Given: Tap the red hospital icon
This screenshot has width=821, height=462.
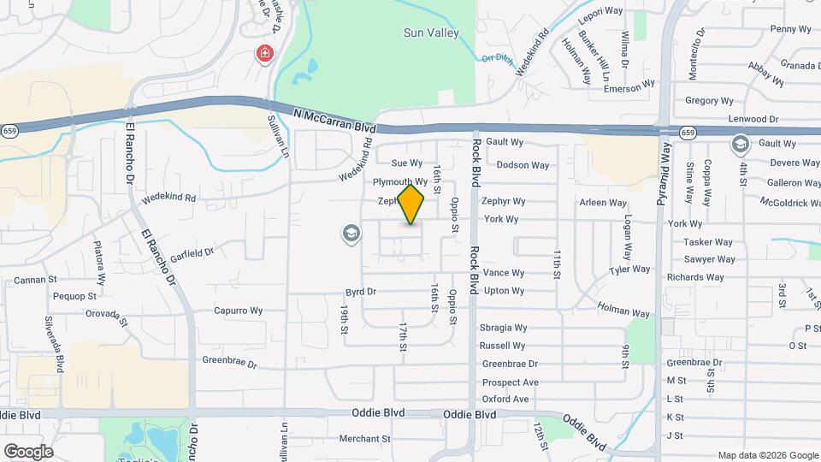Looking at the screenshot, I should tap(265, 55).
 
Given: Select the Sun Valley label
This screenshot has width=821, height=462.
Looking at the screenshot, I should tap(431, 33).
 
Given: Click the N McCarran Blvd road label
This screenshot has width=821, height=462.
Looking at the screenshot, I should tap(334, 119).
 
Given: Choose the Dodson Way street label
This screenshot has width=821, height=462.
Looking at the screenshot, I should tap(523, 165).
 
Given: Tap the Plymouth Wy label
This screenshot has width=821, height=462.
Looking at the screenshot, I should tap(399, 182).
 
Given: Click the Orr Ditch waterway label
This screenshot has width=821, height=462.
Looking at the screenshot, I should tap(496, 58).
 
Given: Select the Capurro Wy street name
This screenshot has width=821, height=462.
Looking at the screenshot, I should tap(238, 311).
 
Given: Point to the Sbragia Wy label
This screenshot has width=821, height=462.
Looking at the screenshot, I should tap(503, 328).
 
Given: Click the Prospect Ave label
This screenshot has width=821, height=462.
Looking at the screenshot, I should tap(510, 382).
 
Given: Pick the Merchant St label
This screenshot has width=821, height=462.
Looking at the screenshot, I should tap(364, 439).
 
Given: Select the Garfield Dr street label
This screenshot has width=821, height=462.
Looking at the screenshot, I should tap(192, 254).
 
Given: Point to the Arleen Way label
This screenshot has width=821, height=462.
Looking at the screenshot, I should tap(603, 203).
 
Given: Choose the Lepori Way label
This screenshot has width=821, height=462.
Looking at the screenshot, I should tap(600, 12).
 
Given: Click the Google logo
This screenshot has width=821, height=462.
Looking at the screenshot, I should tap(28, 451).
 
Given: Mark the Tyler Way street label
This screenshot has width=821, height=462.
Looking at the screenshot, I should tap(629, 269).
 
